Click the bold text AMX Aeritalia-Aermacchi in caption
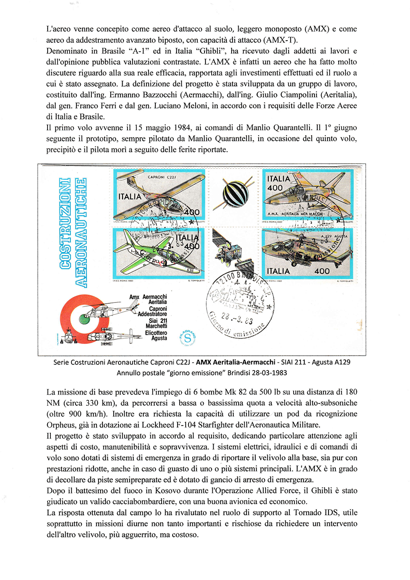[x=235, y=362]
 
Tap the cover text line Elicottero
[x=156, y=333]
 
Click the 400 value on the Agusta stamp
[x=322, y=271]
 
